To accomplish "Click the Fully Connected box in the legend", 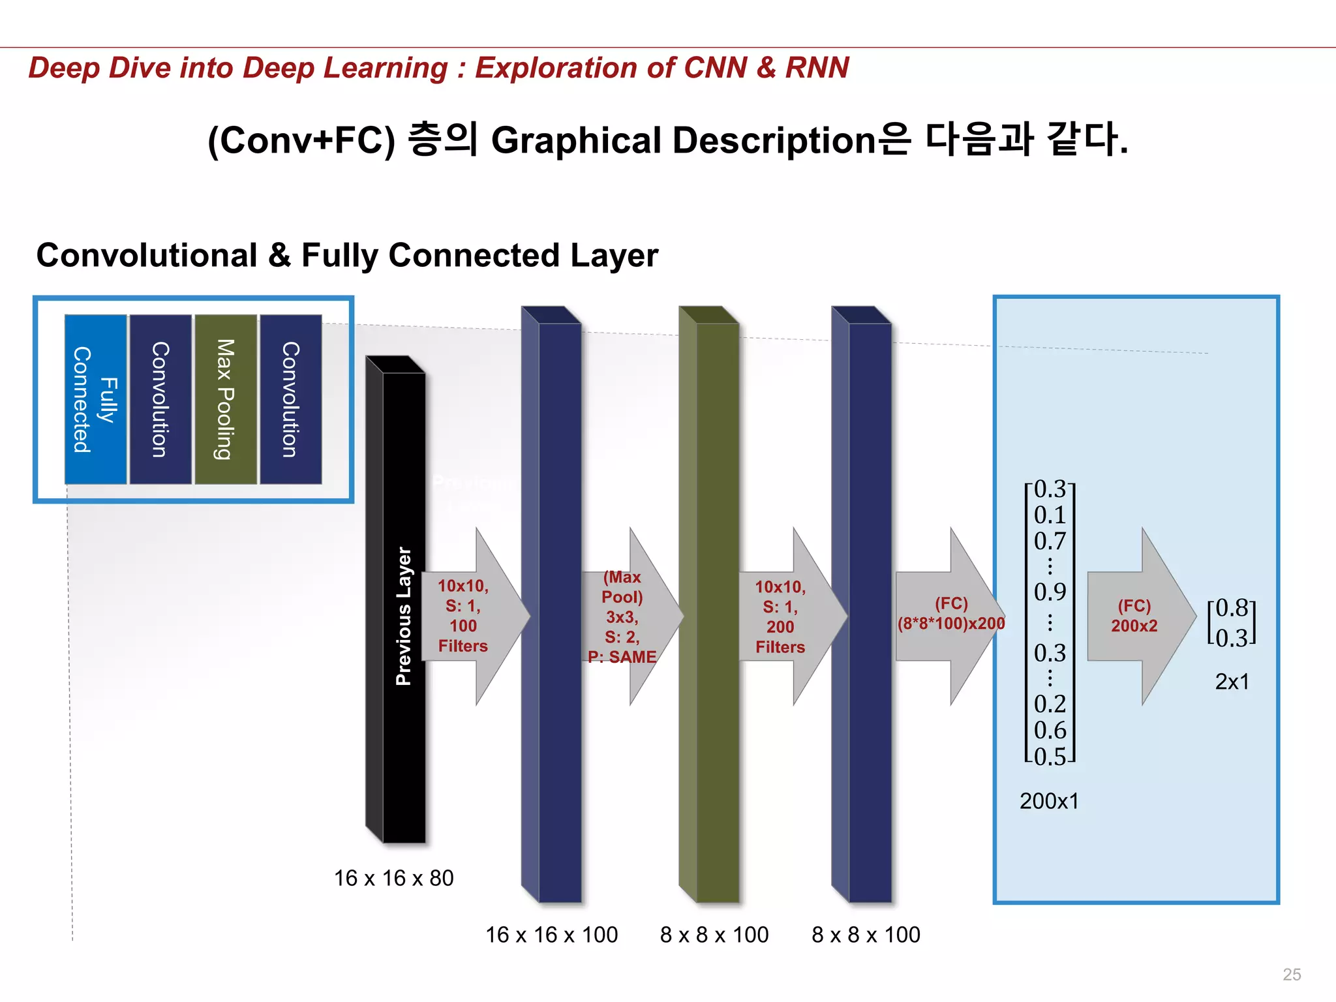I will [95, 399].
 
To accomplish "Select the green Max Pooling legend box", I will [226, 399].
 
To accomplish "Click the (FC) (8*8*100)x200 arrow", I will [950, 616].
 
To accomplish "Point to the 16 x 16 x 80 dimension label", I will [393, 878].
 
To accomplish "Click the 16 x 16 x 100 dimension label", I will [551, 935].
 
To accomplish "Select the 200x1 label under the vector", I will [1049, 801].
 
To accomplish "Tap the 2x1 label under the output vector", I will [1232, 682].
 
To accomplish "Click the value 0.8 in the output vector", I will [1232, 608].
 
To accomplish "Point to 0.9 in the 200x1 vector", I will [1050, 592].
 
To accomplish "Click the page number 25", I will [1291, 975].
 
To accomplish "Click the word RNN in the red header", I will [817, 68].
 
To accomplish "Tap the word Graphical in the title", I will [576, 140].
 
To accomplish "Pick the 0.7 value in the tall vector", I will [1050, 541].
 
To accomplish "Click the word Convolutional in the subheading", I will [147, 255].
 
